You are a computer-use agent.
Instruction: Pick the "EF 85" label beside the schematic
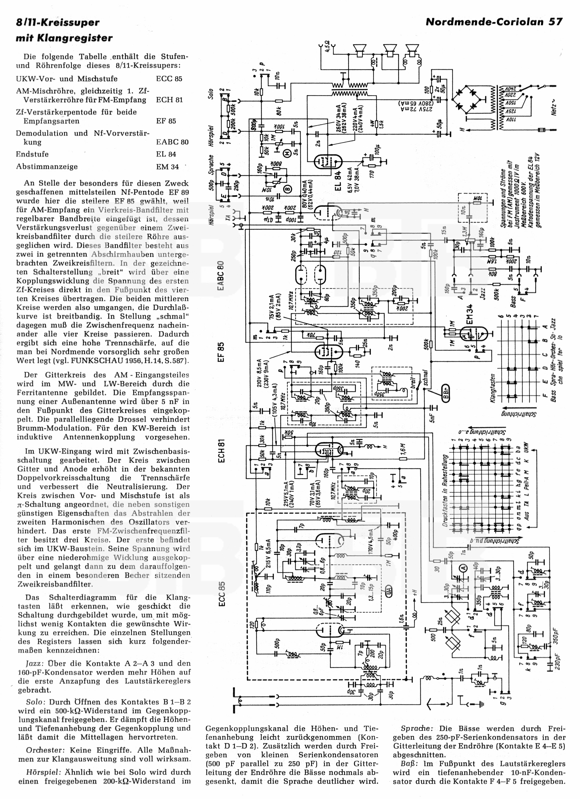[221, 352]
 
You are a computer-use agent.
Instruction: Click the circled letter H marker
[287, 154]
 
